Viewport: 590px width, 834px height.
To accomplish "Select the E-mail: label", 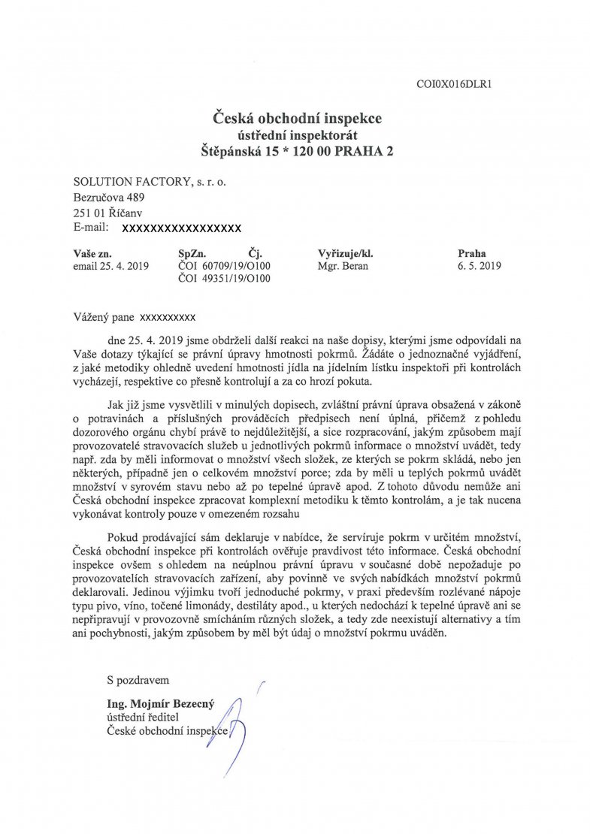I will point(92,227).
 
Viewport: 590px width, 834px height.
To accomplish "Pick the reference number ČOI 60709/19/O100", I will point(224,266).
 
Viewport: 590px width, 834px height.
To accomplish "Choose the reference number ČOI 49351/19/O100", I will point(224,279).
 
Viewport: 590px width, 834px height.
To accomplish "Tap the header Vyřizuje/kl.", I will point(346,253).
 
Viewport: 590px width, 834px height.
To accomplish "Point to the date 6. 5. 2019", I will point(480,266).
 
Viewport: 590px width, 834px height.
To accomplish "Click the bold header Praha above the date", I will point(472,253).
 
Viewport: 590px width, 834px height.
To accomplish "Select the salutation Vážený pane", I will point(104,316).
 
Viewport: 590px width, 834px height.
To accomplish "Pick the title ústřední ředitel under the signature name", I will point(142,717).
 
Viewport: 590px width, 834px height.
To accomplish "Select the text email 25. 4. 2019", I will point(110,266).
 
